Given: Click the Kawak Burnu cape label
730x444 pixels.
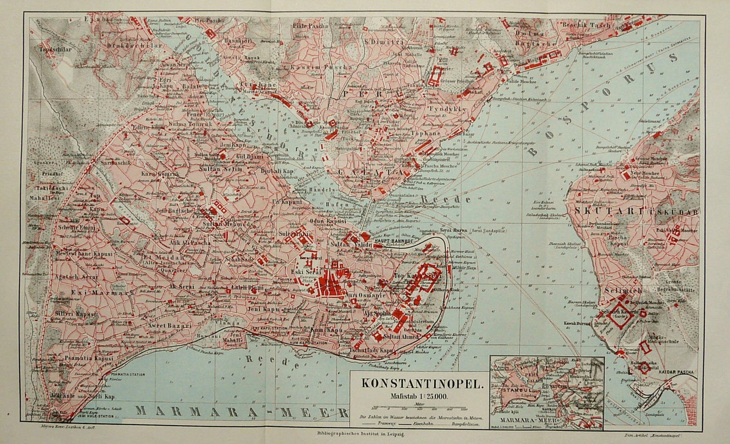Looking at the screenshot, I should (x=577, y=323).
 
